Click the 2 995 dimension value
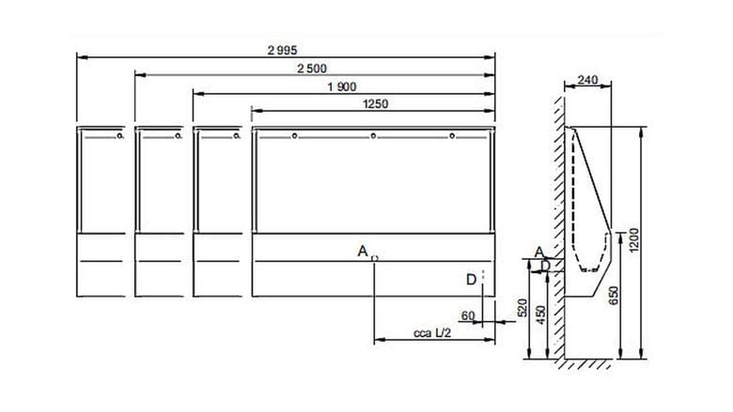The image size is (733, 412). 282,50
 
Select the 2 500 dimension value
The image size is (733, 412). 312,69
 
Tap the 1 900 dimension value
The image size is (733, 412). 342,86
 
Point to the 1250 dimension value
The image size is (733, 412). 375,104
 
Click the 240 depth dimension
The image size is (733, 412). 587,81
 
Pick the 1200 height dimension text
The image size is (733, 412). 634,240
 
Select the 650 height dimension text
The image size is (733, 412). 614,296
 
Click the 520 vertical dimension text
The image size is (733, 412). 522,308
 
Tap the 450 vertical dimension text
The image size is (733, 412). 541,315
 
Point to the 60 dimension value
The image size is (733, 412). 468,316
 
